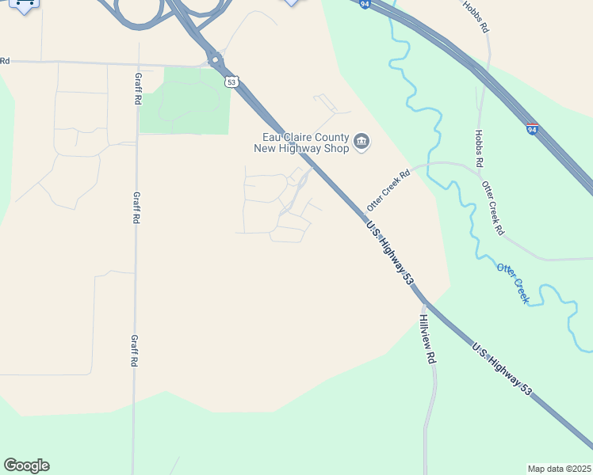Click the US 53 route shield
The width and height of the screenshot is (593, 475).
[x=231, y=82]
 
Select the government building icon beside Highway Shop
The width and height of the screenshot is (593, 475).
[x=362, y=142]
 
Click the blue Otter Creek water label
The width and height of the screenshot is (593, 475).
[x=513, y=282]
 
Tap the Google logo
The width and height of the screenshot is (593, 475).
[x=26, y=465]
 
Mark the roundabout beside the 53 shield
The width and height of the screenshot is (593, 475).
[x=215, y=59]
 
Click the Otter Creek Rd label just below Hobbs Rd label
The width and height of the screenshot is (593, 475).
[x=492, y=208]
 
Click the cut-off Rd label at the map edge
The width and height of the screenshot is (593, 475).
[x=5, y=61]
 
